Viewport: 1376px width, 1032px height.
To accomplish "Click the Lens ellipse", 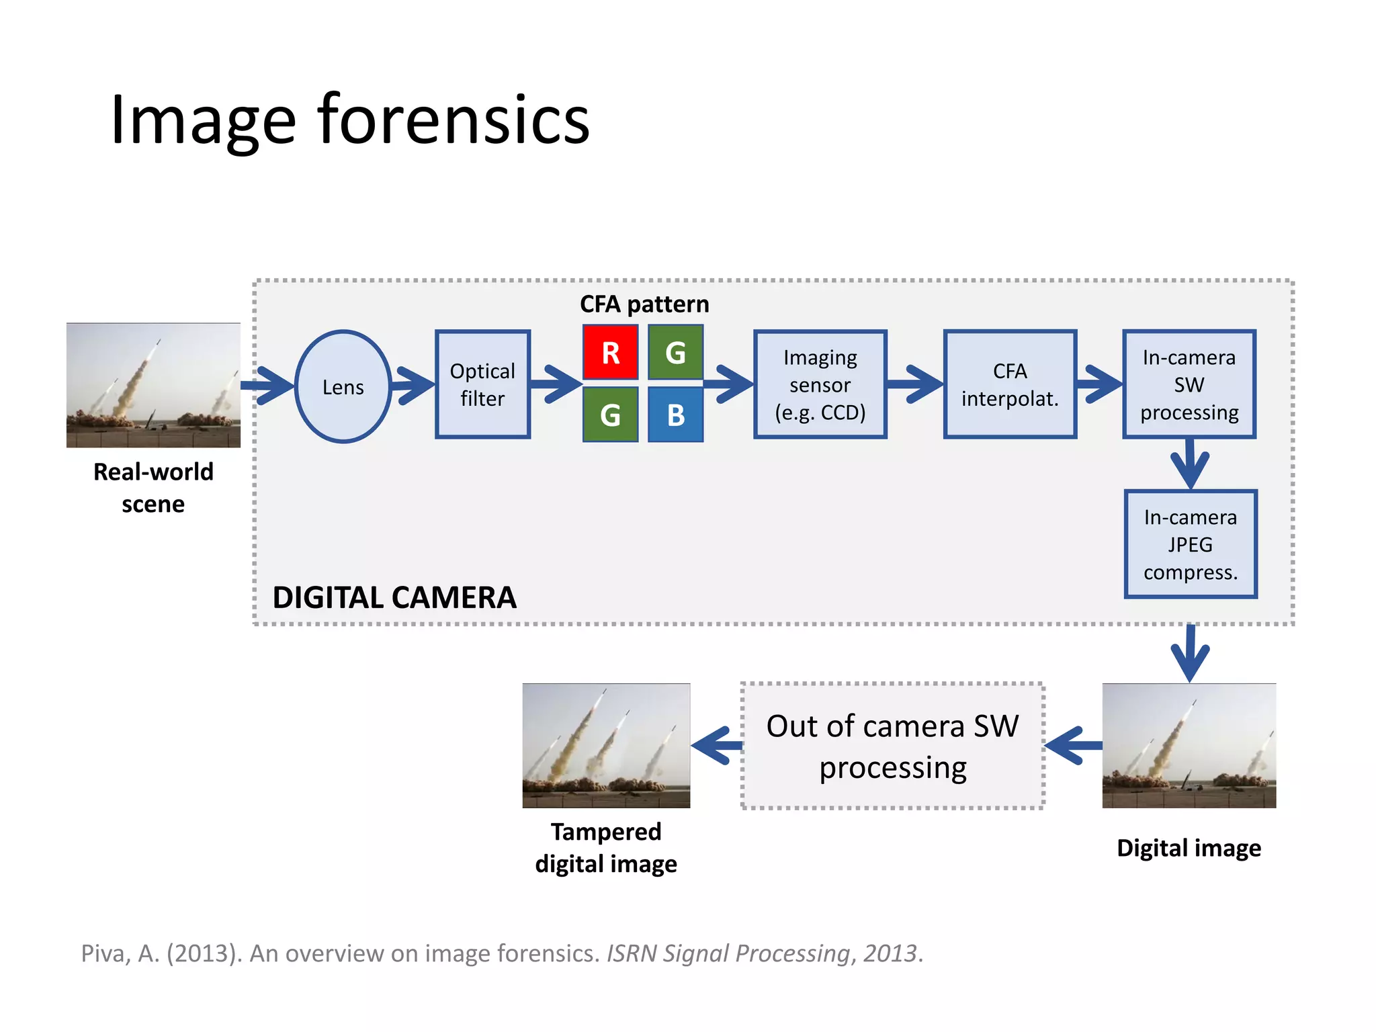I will (x=343, y=386).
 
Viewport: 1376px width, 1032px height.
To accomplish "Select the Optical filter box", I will (x=482, y=384).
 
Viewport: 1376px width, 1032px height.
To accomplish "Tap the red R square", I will (x=610, y=353).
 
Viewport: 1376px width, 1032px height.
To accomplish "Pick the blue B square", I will (x=675, y=415).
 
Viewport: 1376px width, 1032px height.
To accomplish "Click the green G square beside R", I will (x=675, y=353).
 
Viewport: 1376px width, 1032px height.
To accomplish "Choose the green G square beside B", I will (x=610, y=415).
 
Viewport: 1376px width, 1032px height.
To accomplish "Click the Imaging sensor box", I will (x=820, y=384).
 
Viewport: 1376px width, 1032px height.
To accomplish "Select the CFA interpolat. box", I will (x=1010, y=384).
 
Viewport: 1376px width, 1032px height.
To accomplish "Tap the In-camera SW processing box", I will (x=1189, y=384).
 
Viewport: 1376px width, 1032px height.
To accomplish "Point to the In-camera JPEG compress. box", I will (x=1190, y=544).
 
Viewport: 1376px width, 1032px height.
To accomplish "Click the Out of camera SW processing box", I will (x=892, y=746).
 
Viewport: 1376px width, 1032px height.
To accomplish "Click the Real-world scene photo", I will (x=153, y=385).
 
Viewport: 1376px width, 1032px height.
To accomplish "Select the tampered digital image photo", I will (x=606, y=745).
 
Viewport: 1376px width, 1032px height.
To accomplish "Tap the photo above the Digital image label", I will (x=1189, y=745).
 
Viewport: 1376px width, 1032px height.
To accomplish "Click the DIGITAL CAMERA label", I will (x=394, y=597).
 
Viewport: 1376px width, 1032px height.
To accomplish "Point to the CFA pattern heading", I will (x=644, y=304).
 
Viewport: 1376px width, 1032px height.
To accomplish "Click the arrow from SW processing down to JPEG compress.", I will (x=1189, y=464).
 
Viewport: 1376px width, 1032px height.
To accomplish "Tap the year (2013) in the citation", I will (x=204, y=953).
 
